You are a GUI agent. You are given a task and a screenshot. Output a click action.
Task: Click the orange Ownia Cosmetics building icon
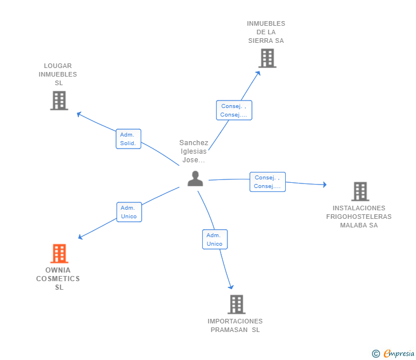[x=59, y=253]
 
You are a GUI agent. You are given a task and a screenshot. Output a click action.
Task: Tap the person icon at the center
[x=195, y=179]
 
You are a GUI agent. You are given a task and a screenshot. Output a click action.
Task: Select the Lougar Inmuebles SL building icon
[x=59, y=101]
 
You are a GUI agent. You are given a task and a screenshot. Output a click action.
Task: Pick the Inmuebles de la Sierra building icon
[x=267, y=58]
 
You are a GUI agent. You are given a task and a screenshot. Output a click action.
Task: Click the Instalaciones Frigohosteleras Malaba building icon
[x=359, y=191]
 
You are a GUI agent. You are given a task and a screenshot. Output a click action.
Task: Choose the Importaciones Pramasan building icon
[x=236, y=304]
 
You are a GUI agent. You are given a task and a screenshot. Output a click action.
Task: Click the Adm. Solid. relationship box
[x=129, y=139]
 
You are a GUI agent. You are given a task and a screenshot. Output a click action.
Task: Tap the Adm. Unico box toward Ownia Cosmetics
[x=129, y=212]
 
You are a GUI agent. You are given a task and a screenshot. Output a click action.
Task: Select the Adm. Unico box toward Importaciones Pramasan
[x=215, y=239]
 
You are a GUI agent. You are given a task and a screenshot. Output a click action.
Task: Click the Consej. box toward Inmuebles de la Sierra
[x=234, y=110]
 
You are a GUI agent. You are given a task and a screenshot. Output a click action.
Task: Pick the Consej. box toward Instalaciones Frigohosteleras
[x=267, y=182]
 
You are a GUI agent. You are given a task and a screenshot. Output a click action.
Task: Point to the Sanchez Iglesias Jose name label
[x=194, y=151]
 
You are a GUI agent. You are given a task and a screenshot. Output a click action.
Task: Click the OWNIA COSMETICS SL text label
[x=58, y=279]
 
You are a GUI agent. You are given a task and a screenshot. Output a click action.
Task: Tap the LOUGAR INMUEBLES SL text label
[x=58, y=74]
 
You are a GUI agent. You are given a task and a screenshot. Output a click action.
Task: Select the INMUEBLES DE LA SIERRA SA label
[x=266, y=32]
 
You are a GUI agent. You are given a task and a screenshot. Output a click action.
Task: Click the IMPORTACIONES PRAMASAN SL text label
[x=235, y=325]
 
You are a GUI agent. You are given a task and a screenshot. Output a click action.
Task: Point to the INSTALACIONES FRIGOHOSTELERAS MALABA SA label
[x=359, y=217]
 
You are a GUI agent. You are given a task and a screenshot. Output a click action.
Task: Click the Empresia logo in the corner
[x=399, y=353]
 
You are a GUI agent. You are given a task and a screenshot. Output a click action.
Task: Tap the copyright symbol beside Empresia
[x=376, y=354]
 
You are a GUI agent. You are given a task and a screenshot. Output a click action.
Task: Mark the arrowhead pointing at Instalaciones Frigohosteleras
[x=325, y=185]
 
